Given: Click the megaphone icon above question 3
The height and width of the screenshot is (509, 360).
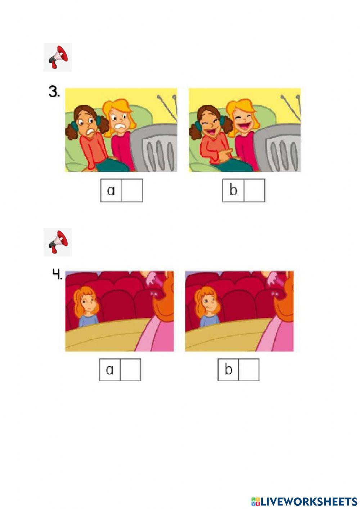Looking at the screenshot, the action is (58, 57).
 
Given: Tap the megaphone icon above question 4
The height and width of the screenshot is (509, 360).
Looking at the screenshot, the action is (58, 242).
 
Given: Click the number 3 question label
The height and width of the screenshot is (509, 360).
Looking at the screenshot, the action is (54, 92).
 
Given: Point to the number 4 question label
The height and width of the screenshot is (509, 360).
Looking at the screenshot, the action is (57, 275).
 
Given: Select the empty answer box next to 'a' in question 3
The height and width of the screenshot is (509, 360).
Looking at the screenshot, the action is (132, 191).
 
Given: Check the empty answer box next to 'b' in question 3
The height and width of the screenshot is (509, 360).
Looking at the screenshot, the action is (255, 191).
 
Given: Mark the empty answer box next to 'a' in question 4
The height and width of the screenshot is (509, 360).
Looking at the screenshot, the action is (130, 370).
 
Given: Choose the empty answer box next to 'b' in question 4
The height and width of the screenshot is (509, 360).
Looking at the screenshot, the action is (249, 370).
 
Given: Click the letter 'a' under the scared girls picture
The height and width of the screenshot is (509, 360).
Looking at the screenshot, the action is (111, 191).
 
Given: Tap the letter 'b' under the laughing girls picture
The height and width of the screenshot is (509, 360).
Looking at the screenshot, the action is (233, 190).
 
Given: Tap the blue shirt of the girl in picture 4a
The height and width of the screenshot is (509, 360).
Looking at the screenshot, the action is (88, 320).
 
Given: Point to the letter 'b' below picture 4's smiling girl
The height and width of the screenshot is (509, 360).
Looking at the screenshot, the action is (228, 369).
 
